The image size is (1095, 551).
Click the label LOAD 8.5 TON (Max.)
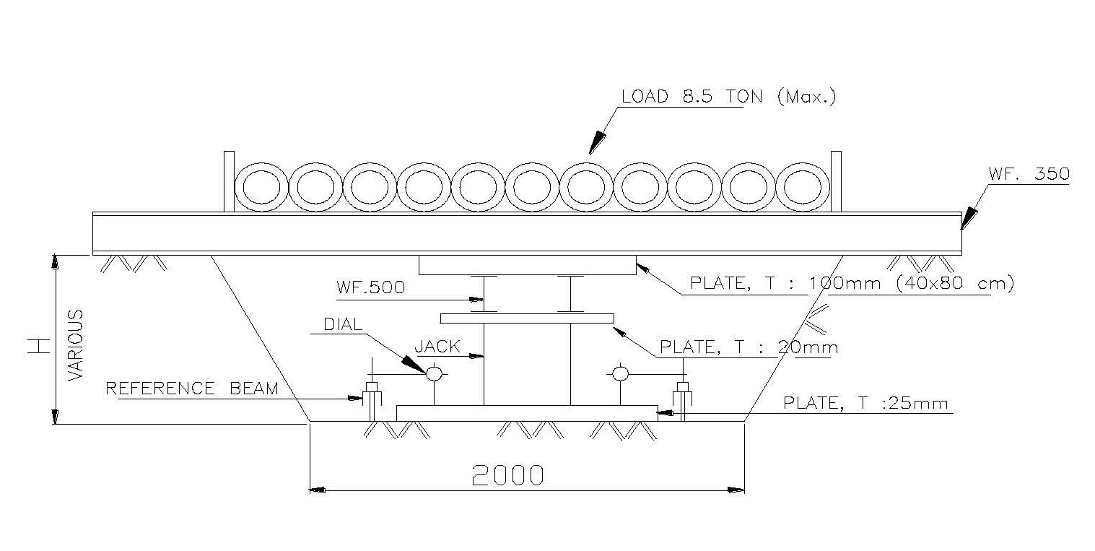[728, 97]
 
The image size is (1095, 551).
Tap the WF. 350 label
[1028, 174]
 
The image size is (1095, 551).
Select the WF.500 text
[370, 287]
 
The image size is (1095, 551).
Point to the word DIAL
[344, 325]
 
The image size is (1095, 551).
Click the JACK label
[437, 347]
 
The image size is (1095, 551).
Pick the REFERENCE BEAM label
[192, 389]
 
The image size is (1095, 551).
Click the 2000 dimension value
[507, 474]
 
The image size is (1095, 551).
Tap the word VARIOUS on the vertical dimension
[76, 345]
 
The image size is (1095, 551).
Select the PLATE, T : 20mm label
[749, 347]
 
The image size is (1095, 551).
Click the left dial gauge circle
[434, 373]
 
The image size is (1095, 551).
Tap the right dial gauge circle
[619, 373]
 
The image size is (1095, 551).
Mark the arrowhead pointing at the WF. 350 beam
[967, 219]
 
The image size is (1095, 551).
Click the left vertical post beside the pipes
[229, 181]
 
